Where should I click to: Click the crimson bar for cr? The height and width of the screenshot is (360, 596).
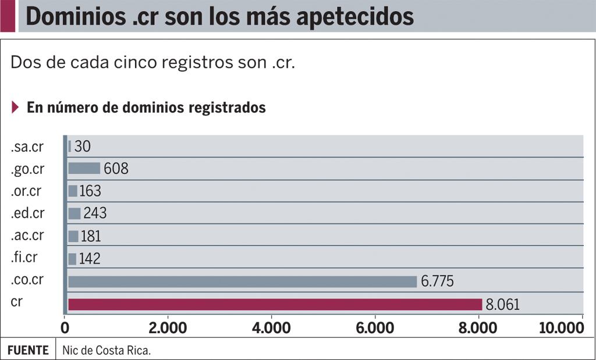[x=275, y=304]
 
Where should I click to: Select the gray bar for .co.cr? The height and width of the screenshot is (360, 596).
[x=242, y=281]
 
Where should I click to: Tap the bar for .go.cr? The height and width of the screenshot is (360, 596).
[x=84, y=169]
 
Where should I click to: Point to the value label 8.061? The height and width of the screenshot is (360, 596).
[x=502, y=304]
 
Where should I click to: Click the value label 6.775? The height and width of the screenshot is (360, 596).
[x=437, y=281]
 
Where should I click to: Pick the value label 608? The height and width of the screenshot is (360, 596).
[x=116, y=169]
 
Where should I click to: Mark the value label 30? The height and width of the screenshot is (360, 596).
[x=82, y=146]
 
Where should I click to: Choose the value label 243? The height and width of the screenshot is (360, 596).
[x=95, y=213]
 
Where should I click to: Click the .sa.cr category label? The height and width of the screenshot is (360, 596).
[x=27, y=147]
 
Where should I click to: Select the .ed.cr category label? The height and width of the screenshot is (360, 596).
[x=27, y=213]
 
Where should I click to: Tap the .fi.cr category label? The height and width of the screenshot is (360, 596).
[x=24, y=258]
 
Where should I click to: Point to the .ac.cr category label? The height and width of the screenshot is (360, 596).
[x=27, y=236]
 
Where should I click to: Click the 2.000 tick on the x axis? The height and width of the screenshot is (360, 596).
[x=168, y=328]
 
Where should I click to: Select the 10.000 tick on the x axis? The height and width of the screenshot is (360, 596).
[x=560, y=328]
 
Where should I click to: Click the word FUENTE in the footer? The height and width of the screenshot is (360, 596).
[x=28, y=351]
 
